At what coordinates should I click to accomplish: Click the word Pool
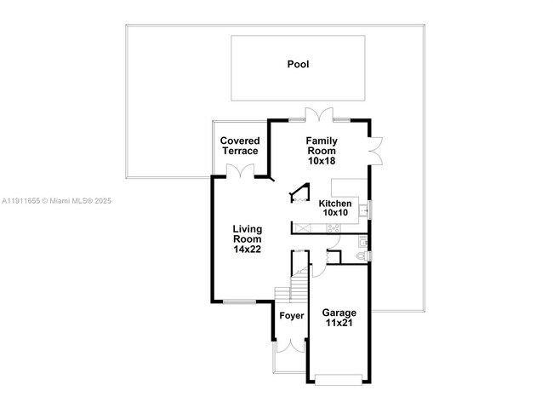[x=298, y=64]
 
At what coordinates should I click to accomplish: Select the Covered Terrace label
[x=240, y=146]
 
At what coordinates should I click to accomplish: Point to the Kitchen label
[x=335, y=204]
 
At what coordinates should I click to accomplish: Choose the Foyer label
[x=292, y=316]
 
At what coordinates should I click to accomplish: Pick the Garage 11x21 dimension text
[x=339, y=323]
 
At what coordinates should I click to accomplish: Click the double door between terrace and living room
[x=242, y=170]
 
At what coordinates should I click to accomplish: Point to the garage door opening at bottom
[x=339, y=376]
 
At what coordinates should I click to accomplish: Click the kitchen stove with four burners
[x=332, y=228]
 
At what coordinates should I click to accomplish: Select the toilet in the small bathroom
[x=361, y=256]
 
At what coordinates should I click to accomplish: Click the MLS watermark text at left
[x=56, y=201]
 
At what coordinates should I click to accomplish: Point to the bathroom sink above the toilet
[x=363, y=240]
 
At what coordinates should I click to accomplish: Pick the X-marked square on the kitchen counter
[x=305, y=228]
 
